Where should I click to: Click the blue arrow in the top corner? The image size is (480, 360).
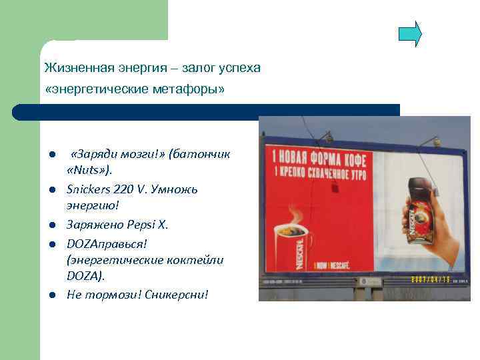tap(410, 34)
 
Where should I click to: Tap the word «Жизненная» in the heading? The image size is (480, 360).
tap(71, 69)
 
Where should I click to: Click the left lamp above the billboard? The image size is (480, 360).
tap(327, 137)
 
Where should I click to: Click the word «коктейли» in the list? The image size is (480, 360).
tap(198, 259)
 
